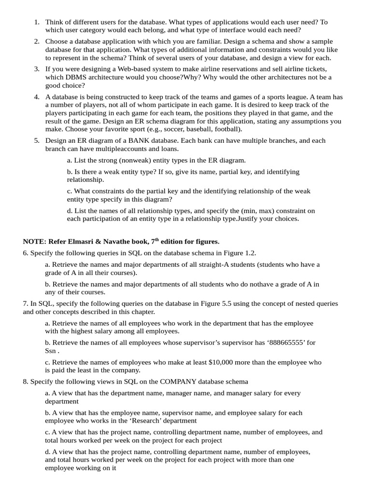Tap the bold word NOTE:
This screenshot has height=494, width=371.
[x=34, y=241]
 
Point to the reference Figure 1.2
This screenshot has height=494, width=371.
[x=239, y=253]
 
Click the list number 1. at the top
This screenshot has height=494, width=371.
[x=37, y=22]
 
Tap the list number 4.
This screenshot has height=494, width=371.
[x=37, y=97]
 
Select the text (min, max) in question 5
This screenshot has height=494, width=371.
[x=257, y=210]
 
